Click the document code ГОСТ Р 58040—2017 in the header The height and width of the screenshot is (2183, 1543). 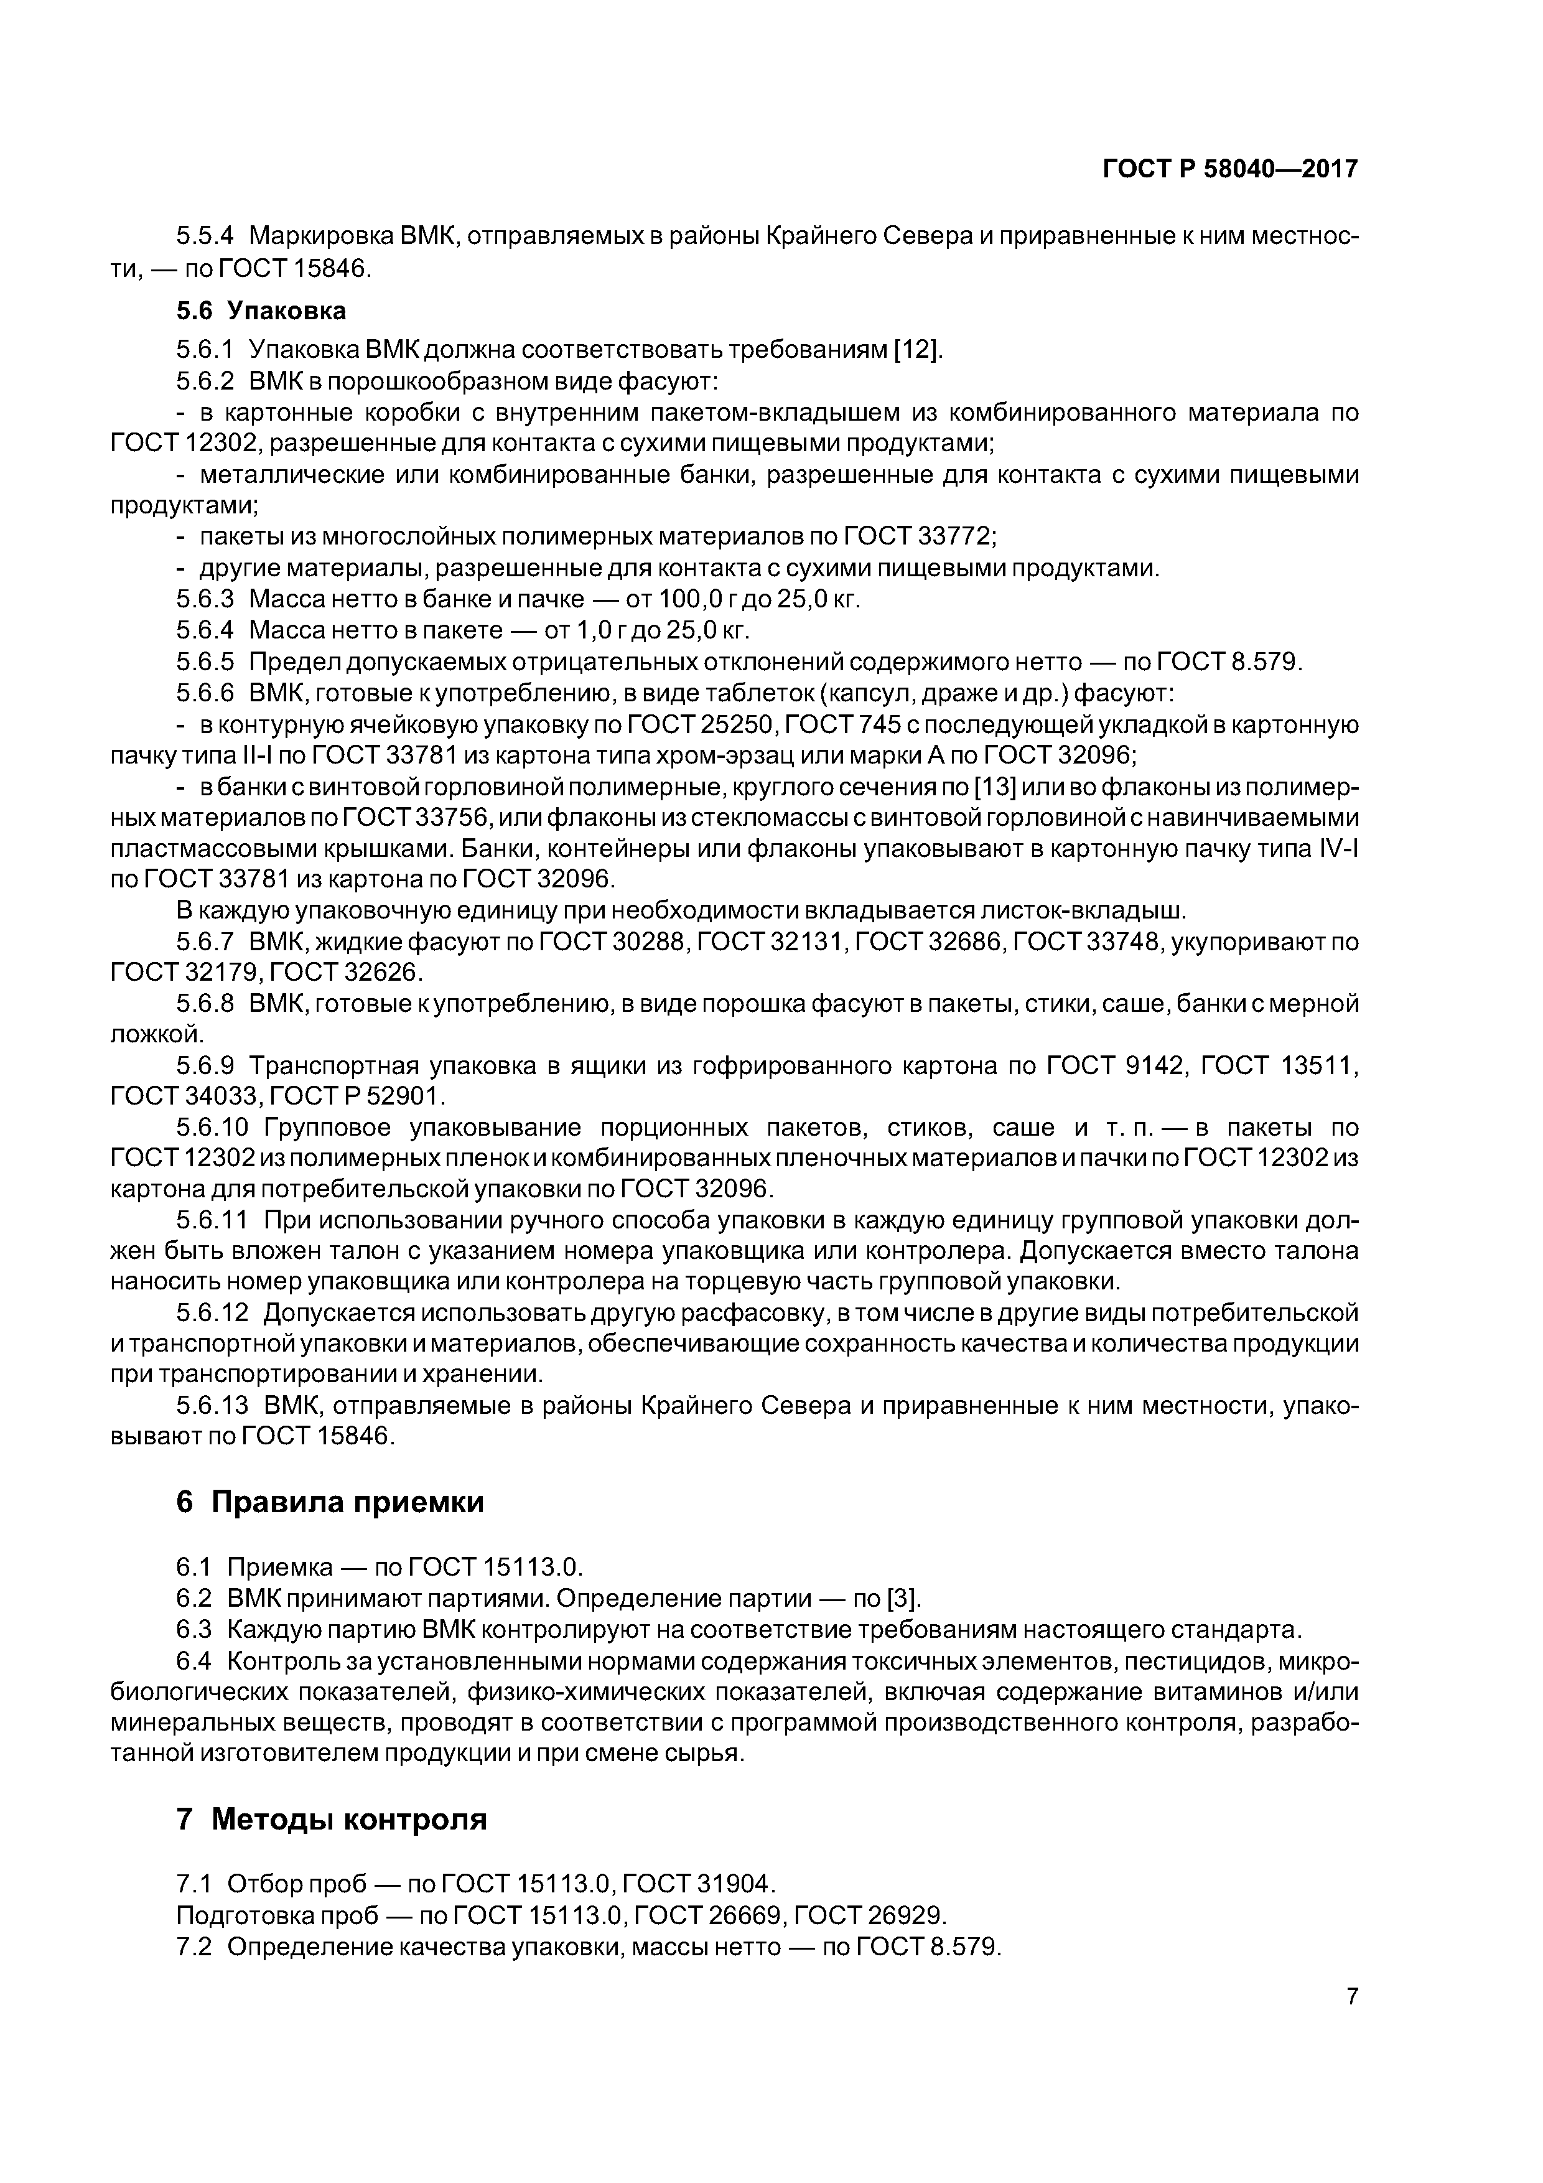coord(1230,169)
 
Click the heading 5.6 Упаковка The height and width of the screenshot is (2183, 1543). coord(261,311)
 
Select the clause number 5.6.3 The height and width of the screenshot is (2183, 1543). coord(205,600)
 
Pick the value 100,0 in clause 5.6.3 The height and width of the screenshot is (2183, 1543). coord(678,600)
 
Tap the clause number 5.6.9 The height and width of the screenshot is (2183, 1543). coord(205,1066)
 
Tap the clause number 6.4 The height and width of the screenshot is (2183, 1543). coord(193,1661)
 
